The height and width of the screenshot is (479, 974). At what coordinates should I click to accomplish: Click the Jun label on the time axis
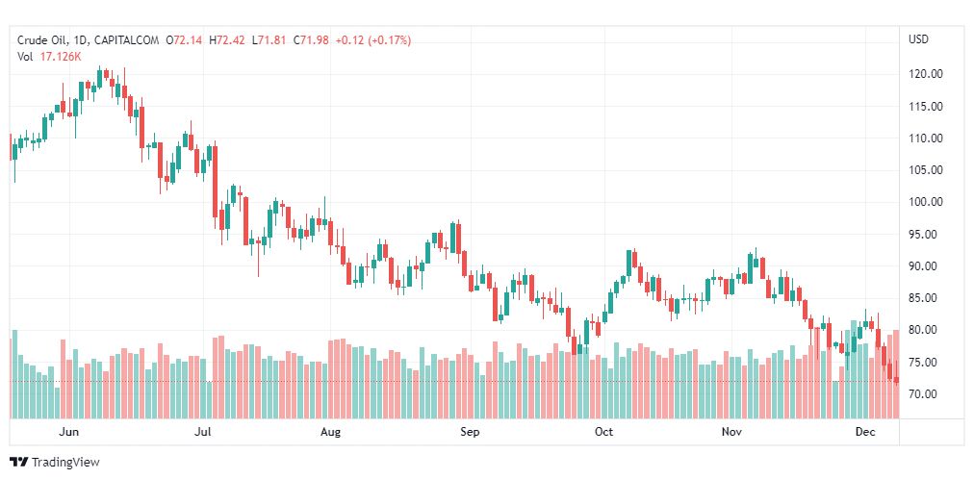pos(68,432)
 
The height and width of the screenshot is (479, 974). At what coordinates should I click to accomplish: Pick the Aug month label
pos(330,432)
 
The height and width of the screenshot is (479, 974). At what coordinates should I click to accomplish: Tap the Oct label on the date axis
pos(603,432)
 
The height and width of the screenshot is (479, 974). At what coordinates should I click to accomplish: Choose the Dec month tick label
pos(865,432)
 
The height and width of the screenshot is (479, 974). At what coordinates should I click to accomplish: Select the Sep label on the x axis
pos(469,432)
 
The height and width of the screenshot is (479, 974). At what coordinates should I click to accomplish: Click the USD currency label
pos(918,39)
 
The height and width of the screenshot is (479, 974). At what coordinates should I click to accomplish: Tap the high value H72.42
pos(227,40)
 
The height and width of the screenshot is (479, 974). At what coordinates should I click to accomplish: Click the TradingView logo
pos(54,463)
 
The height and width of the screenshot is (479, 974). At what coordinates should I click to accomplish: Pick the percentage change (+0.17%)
pos(388,40)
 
